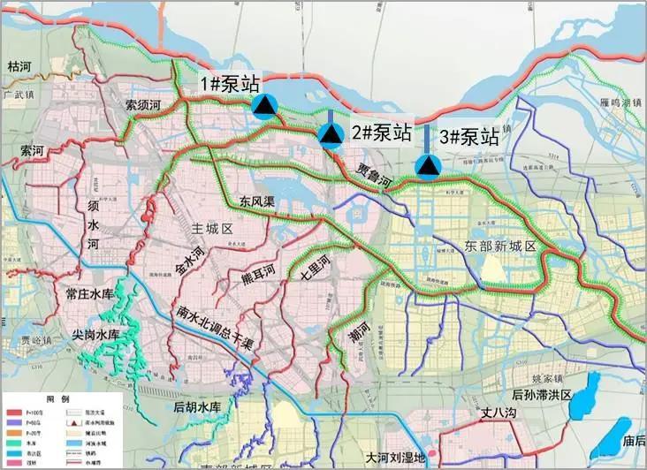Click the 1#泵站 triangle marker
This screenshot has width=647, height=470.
tap(264, 106)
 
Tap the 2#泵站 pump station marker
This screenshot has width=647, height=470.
tap(331, 134)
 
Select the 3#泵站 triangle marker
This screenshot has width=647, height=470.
tap(429, 165)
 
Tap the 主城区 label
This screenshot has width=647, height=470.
tap(211, 229)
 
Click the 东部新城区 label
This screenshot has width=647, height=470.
tap(500, 246)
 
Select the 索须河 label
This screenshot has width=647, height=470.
tap(142, 104)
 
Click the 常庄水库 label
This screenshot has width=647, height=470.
tap(92, 295)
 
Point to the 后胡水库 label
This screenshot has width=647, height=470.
tap(196, 406)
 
